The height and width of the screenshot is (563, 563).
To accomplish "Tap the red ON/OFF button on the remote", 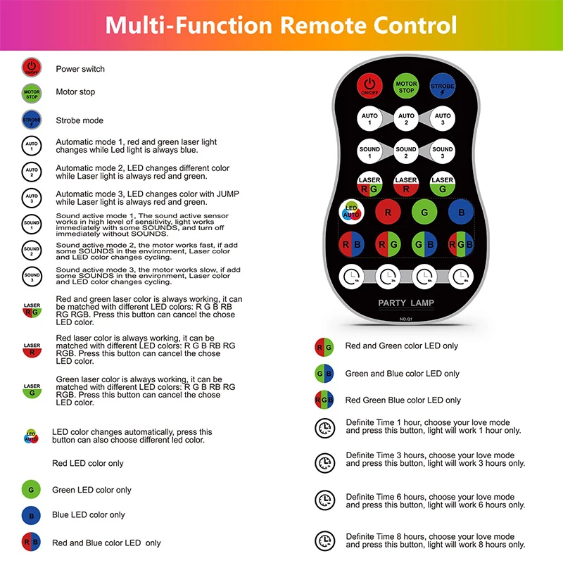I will coord(369,86).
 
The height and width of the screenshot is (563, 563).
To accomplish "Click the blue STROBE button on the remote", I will coord(443,86).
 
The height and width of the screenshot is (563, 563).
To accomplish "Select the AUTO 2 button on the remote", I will coord(406,119).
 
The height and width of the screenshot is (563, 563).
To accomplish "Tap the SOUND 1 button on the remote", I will coord(369,152).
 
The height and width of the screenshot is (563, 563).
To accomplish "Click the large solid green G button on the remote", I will coord(424,212).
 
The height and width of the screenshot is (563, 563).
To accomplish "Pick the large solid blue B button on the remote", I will coord(460,212).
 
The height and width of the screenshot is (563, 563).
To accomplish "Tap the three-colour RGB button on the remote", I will coord(461,243).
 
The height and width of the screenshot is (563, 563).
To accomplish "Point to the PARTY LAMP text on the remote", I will coord(406,303).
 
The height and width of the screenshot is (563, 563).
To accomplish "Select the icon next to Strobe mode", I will coord(32,120).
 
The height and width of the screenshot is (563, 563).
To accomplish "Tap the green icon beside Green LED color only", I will coord(32,490).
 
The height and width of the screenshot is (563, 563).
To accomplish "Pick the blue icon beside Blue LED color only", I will coord(32,515).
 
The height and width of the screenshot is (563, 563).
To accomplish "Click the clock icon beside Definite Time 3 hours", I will coord(324,462).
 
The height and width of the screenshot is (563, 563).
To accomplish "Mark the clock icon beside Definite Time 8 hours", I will coord(324,540).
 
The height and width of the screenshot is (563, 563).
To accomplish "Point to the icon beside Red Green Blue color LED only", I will coord(324,400).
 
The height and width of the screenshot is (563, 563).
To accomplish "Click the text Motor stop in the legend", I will coord(75,92).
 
